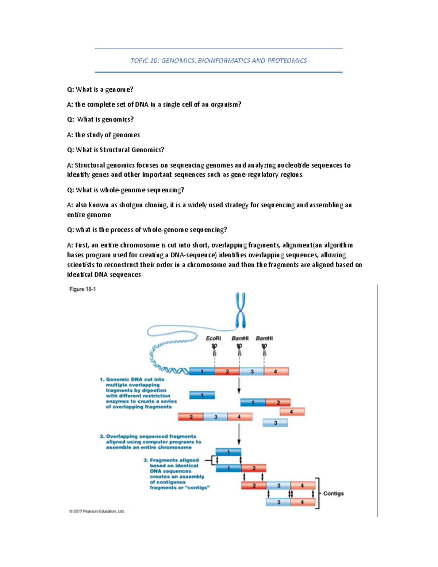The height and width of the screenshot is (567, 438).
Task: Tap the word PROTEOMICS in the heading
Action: click(x=287, y=61)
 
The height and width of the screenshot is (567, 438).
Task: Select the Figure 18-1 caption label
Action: click(x=82, y=289)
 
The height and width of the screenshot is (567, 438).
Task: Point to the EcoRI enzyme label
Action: click(x=214, y=338)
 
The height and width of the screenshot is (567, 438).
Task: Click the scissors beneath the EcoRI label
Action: click(x=214, y=349)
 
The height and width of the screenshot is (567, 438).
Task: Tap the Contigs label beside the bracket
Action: click(x=333, y=493)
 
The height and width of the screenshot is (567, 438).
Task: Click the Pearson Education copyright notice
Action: click(x=97, y=511)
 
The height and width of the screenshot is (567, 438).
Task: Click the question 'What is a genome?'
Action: click(x=100, y=89)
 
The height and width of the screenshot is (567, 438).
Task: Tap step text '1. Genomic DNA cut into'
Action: click(x=132, y=379)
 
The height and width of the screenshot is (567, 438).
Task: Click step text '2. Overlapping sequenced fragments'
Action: click(x=148, y=436)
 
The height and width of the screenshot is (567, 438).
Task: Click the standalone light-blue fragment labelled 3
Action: click(x=275, y=423)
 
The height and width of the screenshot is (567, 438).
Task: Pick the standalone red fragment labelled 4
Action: click(x=292, y=412)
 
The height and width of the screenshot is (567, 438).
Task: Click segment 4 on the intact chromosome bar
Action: click(x=276, y=371)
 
